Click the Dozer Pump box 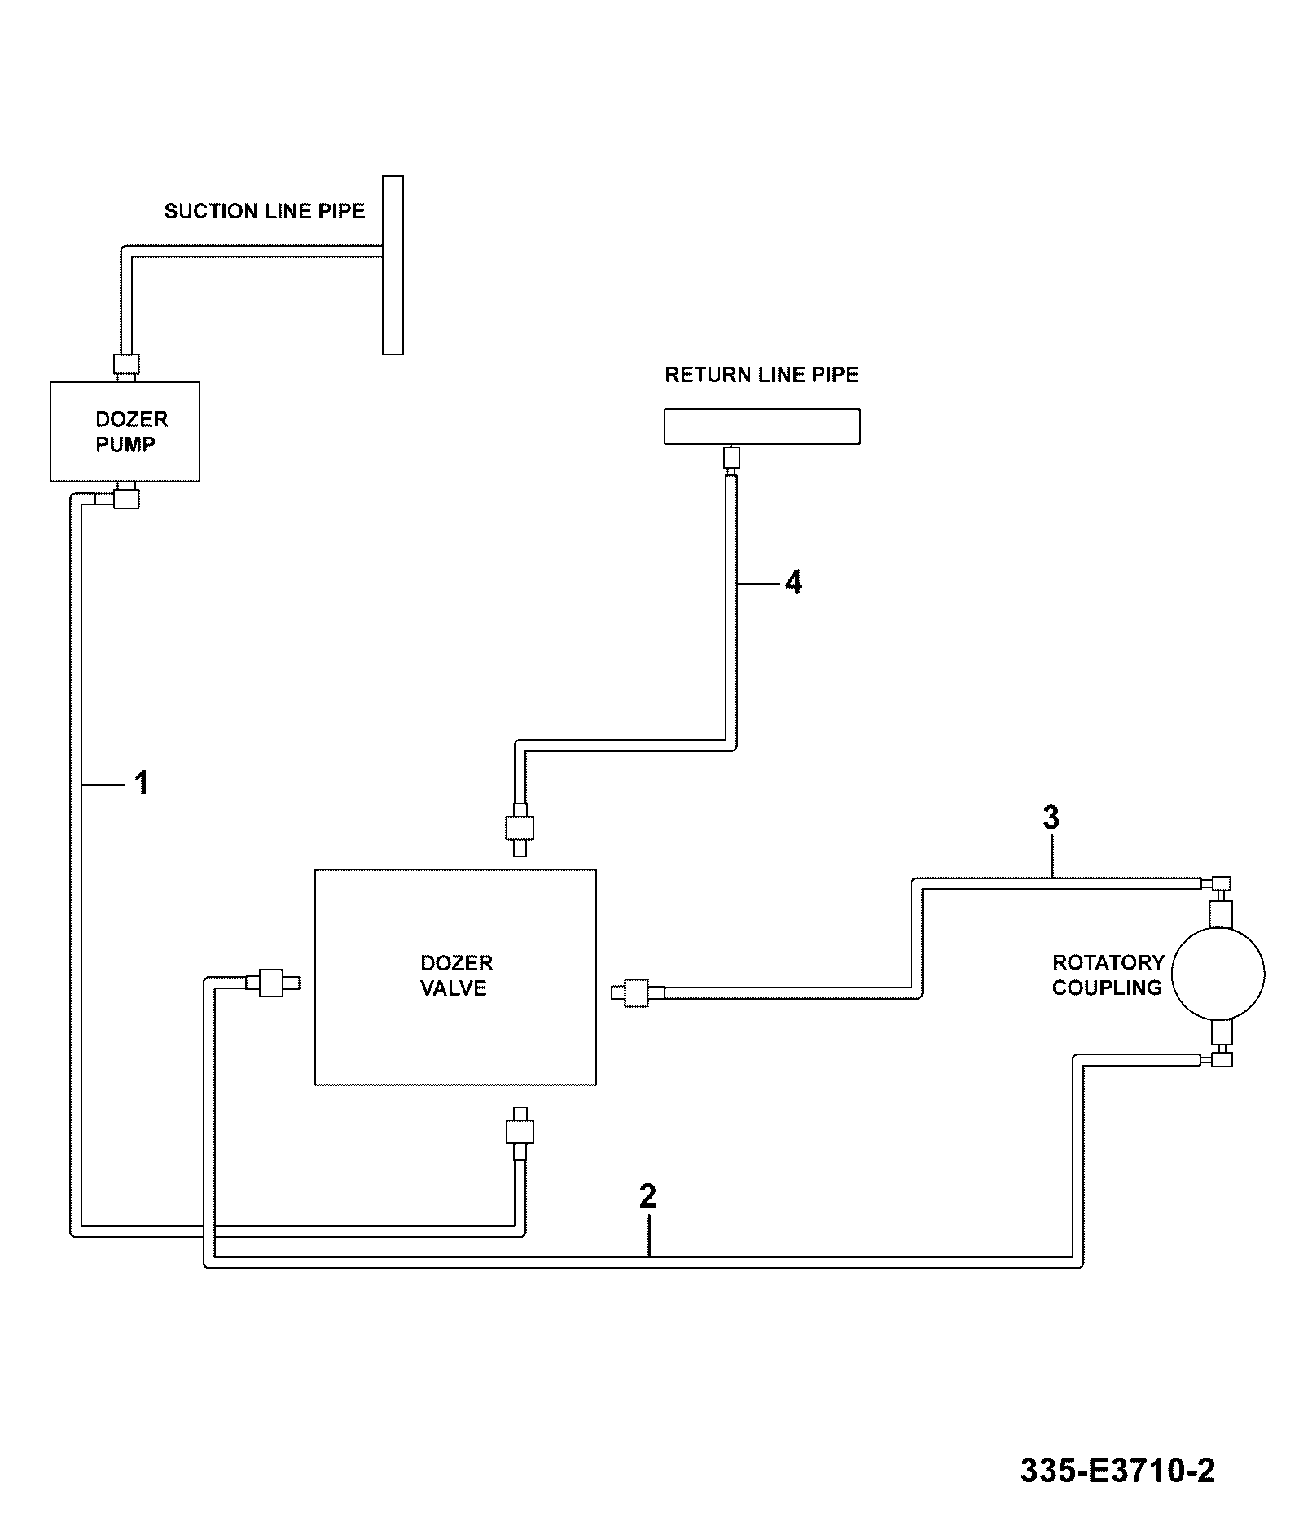125,431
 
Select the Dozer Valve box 456,977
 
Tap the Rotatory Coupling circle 1218,974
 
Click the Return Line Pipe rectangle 762,426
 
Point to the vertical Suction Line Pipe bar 393,265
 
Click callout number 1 142,783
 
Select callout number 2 647,1196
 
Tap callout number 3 1051,818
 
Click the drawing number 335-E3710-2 1117,1471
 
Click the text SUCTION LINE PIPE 265,211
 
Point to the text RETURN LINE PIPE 762,375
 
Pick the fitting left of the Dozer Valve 273,983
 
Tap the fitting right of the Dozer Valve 638,992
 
